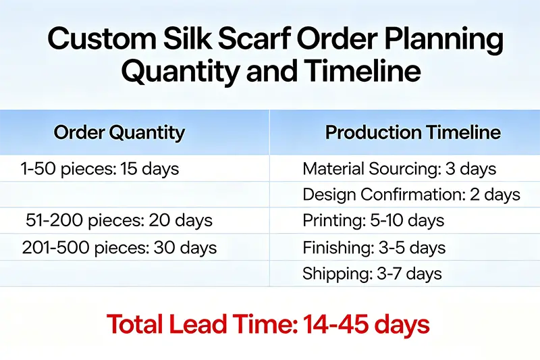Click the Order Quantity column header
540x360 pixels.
click(119, 132)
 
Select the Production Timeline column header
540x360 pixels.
click(412, 132)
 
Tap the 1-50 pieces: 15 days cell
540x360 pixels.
click(100, 169)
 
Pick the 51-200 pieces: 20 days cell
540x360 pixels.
click(119, 221)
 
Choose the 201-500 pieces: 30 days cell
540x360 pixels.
click(119, 248)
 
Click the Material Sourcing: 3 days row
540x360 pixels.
click(399, 169)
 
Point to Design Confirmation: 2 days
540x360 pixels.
click(411, 195)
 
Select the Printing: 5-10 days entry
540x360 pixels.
click(373, 221)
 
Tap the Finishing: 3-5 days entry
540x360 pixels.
click(374, 248)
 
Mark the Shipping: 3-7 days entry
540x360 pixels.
click(372, 274)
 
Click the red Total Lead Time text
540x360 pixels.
click(268, 325)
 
